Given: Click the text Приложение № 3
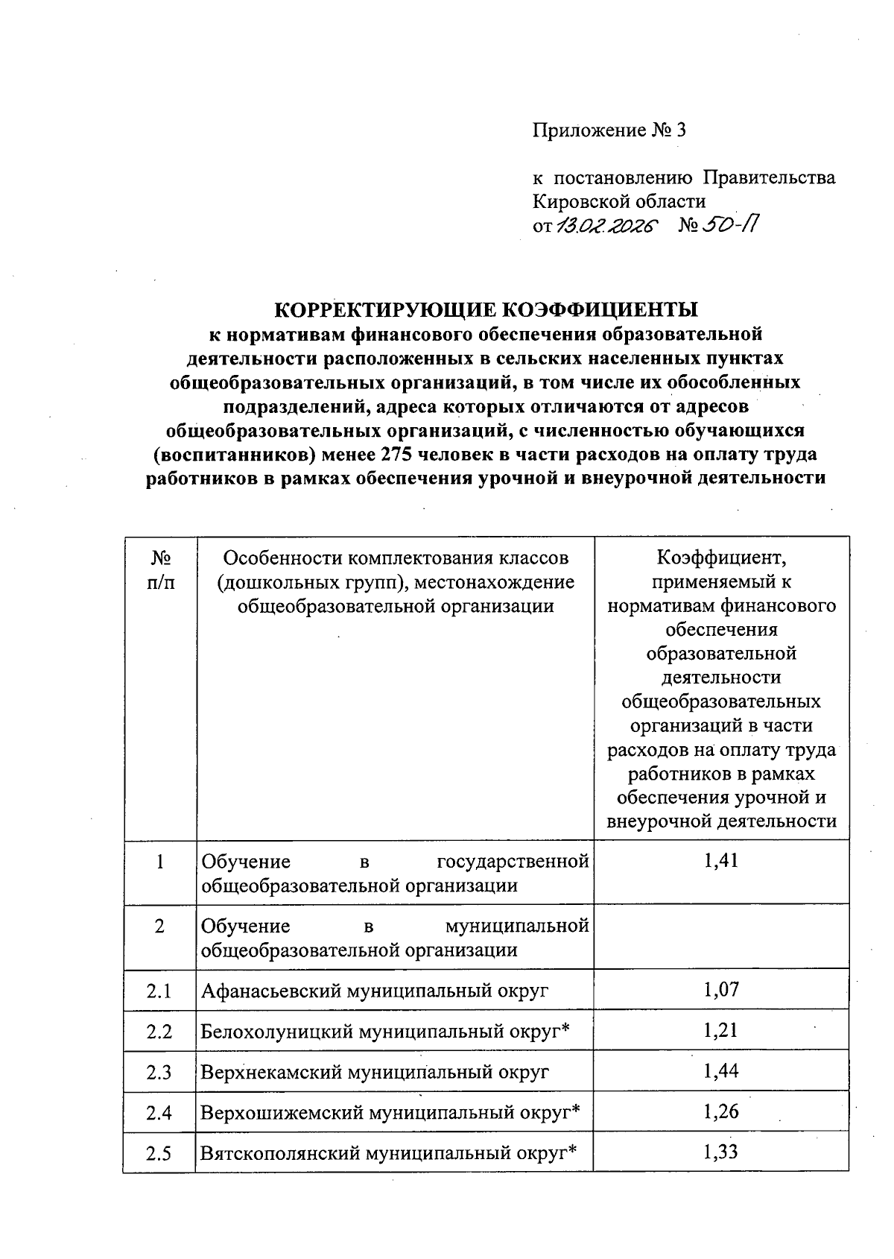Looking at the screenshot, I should (x=608, y=131).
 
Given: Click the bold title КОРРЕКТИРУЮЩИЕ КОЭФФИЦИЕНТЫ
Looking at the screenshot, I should (x=487, y=309).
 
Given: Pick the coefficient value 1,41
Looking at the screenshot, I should (x=720, y=862).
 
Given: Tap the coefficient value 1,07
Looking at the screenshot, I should (x=720, y=990).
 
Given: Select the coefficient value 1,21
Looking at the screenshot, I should (x=720, y=1031).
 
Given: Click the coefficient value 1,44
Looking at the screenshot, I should (x=720, y=1071).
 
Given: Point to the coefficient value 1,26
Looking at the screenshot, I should (x=720, y=1112).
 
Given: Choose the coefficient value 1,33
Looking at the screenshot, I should (x=720, y=1152).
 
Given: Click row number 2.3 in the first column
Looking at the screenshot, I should (x=159, y=1073).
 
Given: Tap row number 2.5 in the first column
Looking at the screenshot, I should (x=159, y=1154).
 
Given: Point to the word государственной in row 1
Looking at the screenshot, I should (x=513, y=862).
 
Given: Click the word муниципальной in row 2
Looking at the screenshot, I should (x=517, y=927).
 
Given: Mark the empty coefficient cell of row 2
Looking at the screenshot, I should (x=720, y=937).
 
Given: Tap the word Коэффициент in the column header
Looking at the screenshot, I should (x=720, y=558).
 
